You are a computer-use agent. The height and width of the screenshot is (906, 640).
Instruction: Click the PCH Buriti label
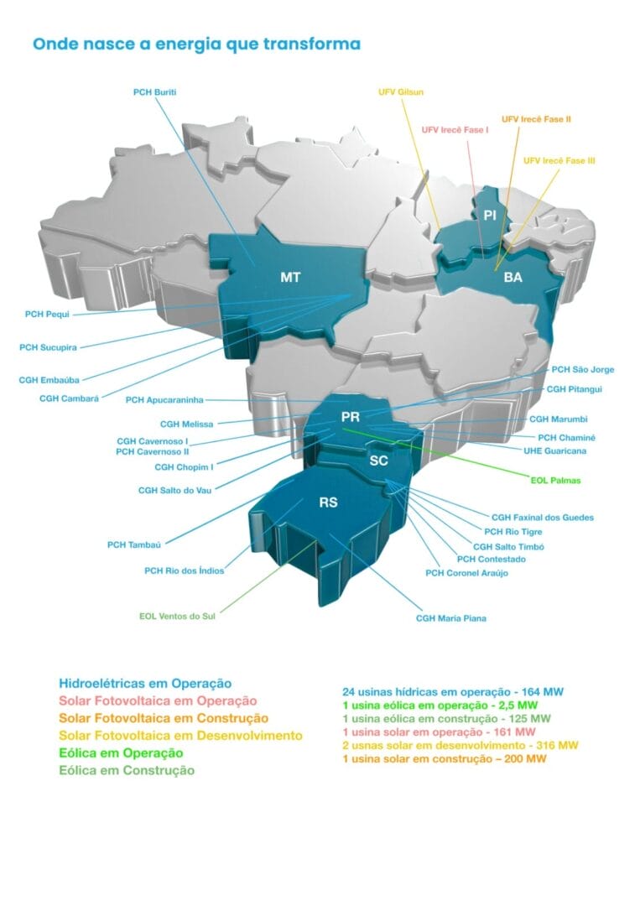[x=158, y=91]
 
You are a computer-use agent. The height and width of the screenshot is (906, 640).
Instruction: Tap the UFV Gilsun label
[x=399, y=91]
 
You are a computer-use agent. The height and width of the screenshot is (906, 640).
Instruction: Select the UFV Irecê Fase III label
[x=559, y=160]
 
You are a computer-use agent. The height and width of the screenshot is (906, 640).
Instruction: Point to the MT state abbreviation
[x=290, y=277]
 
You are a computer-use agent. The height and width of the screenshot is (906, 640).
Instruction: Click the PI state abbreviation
[x=491, y=216]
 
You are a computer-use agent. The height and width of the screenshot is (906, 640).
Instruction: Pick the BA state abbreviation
[x=513, y=277]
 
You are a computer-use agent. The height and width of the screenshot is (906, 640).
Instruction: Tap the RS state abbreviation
[x=328, y=503]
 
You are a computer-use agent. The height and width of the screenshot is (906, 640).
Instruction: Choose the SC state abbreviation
[x=378, y=461]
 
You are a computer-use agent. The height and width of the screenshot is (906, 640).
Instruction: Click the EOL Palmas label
[x=556, y=482]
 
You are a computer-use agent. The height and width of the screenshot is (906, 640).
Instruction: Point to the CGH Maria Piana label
[x=451, y=618]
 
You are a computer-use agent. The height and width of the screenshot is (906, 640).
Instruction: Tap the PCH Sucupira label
[x=49, y=346]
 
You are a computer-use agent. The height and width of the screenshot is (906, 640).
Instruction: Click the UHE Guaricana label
[x=555, y=450]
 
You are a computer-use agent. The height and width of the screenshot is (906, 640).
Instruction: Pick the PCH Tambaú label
[x=133, y=544]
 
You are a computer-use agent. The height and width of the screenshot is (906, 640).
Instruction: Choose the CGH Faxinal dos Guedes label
[x=543, y=518]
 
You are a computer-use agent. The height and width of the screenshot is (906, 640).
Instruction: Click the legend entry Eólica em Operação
[x=121, y=752]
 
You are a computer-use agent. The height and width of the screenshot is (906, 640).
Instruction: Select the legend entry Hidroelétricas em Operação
[x=145, y=684]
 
